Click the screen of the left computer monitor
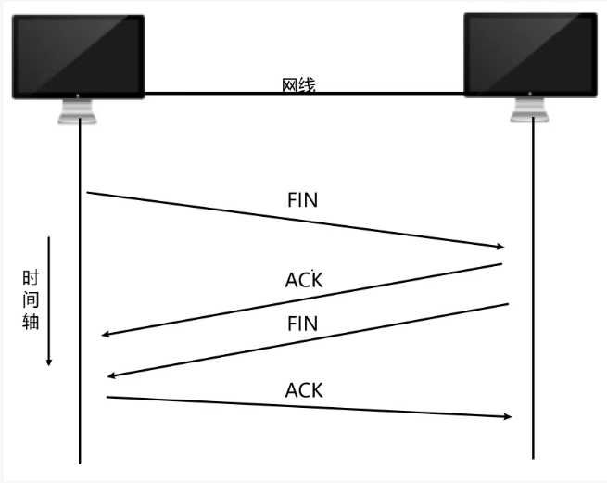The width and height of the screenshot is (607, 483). coord(78,54)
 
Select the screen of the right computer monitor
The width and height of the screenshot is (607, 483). coord(530,54)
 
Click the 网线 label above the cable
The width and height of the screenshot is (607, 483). coord(298,86)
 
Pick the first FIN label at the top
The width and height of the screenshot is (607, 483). coord(303,200)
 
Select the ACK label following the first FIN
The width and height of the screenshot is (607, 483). coord(304,279)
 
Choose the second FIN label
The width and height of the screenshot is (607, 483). coord(303,324)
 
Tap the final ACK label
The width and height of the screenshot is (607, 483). coord(304,390)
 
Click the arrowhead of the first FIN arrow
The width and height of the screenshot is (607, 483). coord(500,247)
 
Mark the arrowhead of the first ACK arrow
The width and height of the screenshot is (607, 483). coord(106,335)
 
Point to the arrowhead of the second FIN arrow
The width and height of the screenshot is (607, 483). coord(112,375)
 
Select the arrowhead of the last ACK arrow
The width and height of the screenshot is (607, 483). coord(507,416)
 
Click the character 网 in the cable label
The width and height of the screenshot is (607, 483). coord(289,86)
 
